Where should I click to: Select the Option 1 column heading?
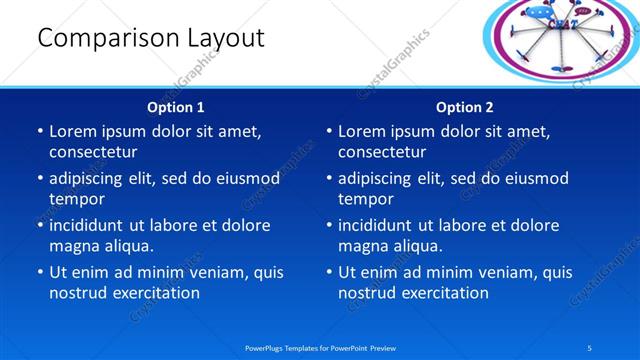(175, 107)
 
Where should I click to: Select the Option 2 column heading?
(464, 107)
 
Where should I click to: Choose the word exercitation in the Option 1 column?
(156, 293)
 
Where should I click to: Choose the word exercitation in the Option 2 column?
(445, 293)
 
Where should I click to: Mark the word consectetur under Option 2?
(382, 152)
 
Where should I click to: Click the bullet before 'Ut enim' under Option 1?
(39, 272)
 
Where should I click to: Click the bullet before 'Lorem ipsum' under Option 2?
(328, 131)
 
